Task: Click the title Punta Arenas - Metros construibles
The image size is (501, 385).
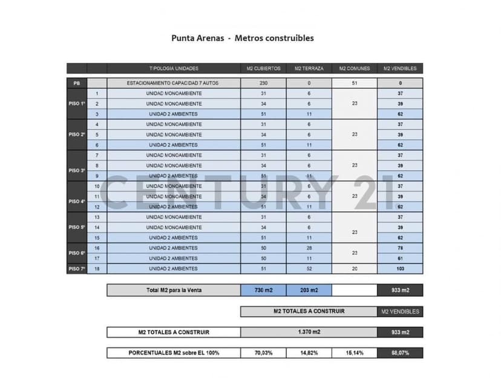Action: tap(243, 38)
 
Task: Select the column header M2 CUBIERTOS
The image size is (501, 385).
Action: tap(263, 68)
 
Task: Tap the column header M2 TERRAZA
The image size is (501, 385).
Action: tap(309, 68)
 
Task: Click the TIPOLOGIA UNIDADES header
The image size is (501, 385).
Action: tap(174, 68)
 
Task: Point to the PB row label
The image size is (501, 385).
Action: tap(76, 83)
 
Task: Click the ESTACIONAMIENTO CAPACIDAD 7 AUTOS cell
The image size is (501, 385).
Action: tap(174, 83)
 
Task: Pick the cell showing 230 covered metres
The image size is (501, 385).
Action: tap(263, 83)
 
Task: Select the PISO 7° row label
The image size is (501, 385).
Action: tap(76, 269)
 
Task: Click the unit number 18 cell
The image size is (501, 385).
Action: tap(97, 269)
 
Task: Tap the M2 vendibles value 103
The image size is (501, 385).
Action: tap(400, 269)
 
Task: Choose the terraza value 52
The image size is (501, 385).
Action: tap(309, 269)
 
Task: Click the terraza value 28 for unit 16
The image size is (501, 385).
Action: tap(309, 248)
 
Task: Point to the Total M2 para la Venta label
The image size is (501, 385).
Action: tap(174, 291)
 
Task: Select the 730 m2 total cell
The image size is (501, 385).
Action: tap(263, 291)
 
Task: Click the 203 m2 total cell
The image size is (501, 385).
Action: tap(309, 291)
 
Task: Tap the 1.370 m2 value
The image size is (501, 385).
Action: tap(309, 332)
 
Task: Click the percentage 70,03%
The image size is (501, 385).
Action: tap(263, 353)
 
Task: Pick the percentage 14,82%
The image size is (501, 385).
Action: tap(309, 353)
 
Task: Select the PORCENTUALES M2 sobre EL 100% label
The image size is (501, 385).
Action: tap(174, 353)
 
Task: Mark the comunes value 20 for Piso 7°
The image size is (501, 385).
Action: tap(354, 269)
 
